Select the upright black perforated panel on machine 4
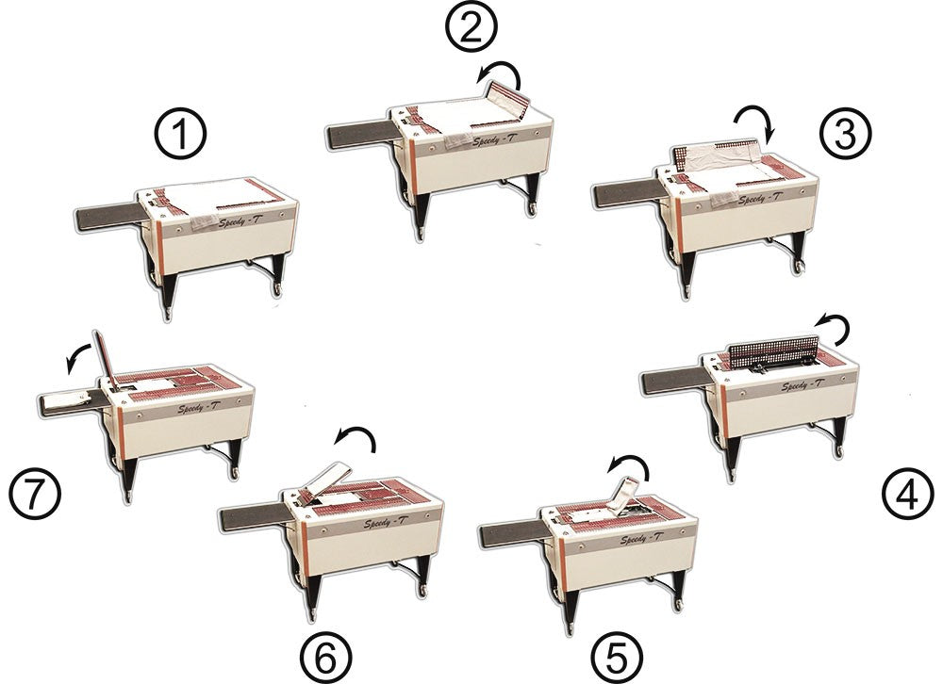(x=773, y=353)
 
